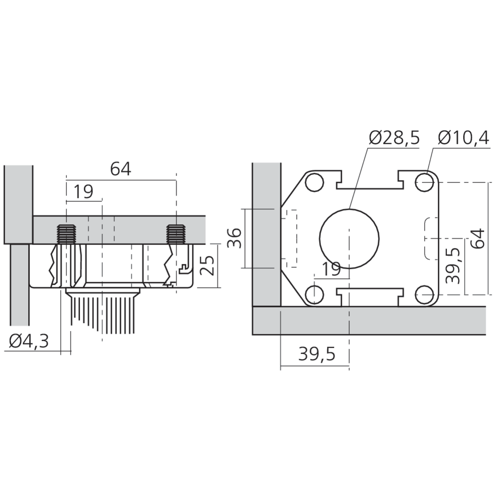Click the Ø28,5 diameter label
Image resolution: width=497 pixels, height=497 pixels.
(x=394, y=138)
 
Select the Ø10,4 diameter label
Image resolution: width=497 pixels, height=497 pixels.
(x=464, y=138)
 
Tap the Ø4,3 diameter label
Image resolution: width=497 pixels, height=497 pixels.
(x=29, y=341)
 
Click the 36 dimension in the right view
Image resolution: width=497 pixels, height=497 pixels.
(x=235, y=238)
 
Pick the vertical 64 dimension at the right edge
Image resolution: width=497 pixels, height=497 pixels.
(x=478, y=239)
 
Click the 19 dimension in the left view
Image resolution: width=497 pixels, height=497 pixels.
(x=83, y=191)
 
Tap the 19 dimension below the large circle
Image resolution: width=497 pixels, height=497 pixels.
(x=331, y=269)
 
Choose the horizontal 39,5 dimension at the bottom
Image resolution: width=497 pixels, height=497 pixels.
(x=317, y=354)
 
